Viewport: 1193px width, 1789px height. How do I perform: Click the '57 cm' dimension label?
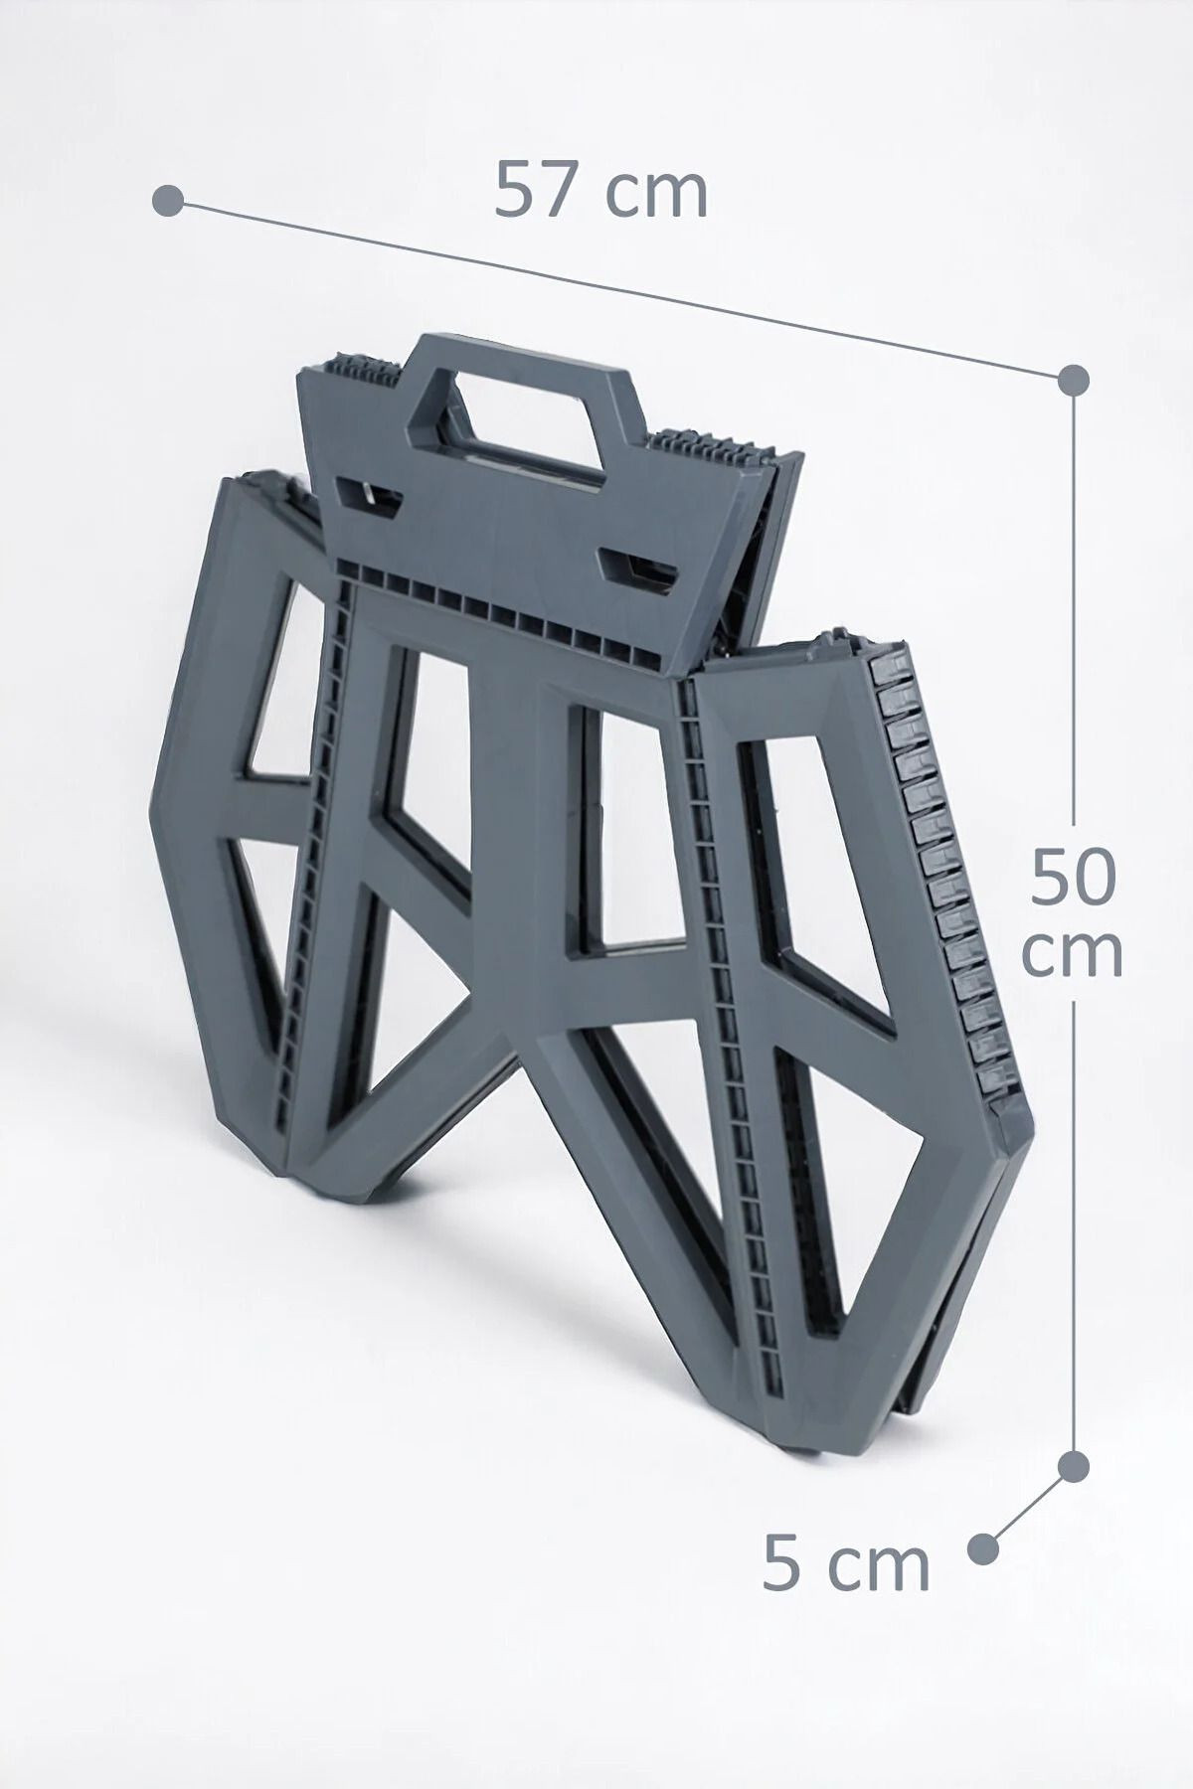click(x=601, y=190)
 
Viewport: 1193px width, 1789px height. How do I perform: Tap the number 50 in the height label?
click(x=1074, y=876)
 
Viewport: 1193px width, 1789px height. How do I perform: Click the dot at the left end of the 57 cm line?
click(x=168, y=200)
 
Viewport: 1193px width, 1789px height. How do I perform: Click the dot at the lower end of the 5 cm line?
click(x=982, y=1547)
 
